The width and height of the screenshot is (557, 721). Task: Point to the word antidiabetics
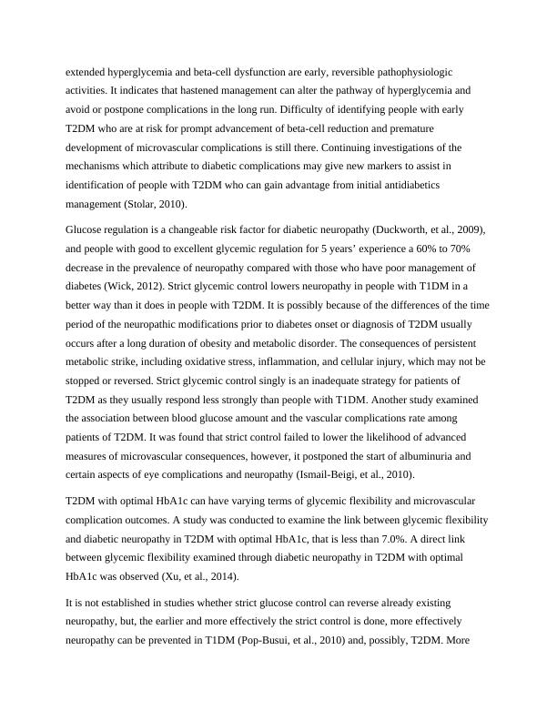[429, 187]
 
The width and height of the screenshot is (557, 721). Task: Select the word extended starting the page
[88, 71]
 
